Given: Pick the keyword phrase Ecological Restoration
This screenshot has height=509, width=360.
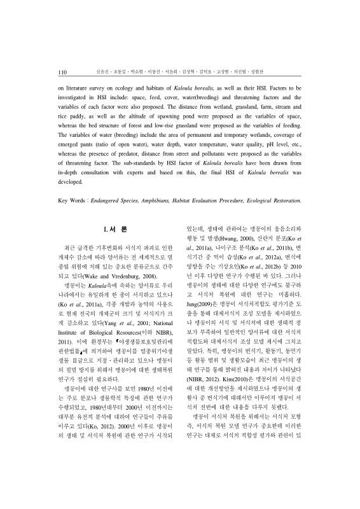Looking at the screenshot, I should point(269,201).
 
